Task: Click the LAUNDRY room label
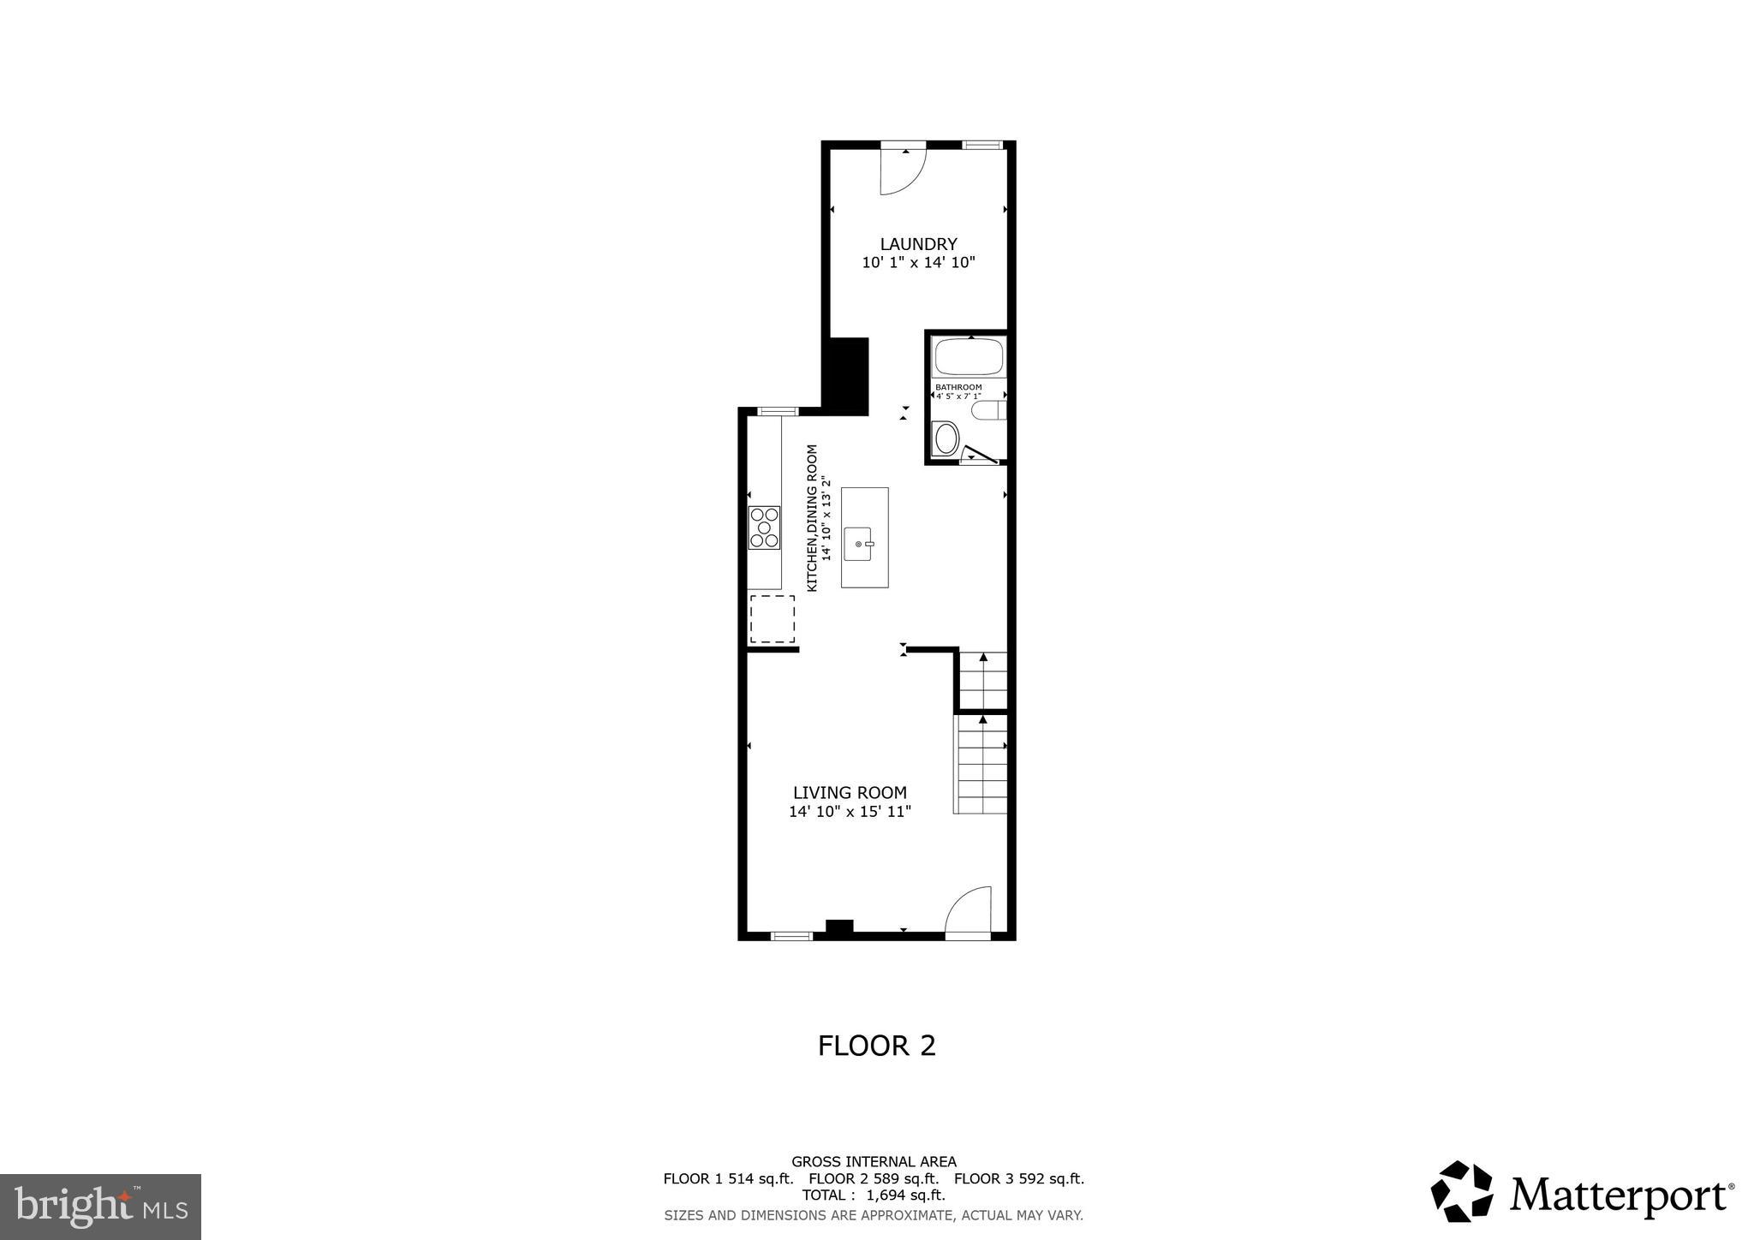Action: (918, 244)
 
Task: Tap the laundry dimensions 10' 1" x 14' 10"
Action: (918, 263)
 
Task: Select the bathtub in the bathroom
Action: (969, 357)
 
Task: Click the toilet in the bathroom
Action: (988, 411)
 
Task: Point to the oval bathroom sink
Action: (946, 439)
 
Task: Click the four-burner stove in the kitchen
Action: (764, 528)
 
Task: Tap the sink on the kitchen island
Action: (859, 544)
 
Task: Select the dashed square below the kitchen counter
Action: (772, 619)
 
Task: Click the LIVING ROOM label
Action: (849, 793)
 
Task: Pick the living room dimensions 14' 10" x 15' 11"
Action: (849, 812)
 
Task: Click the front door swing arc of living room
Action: (969, 911)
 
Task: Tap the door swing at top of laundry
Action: (904, 171)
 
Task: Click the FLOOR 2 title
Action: (876, 1046)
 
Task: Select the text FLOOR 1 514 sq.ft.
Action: (728, 1178)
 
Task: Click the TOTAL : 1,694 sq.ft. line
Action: (873, 1195)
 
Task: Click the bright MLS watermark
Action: (100, 1207)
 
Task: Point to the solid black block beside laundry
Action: (845, 376)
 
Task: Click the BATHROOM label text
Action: (958, 387)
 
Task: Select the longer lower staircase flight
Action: (981, 765)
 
